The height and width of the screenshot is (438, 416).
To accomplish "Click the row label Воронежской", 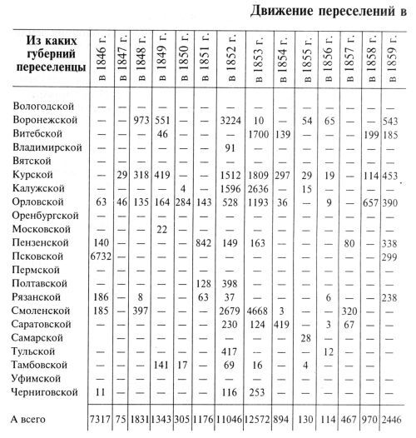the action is coord(47,120).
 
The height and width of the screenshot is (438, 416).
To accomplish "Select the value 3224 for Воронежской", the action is coord(232,121).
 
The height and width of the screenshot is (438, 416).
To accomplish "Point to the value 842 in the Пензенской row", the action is coord(205,242).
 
